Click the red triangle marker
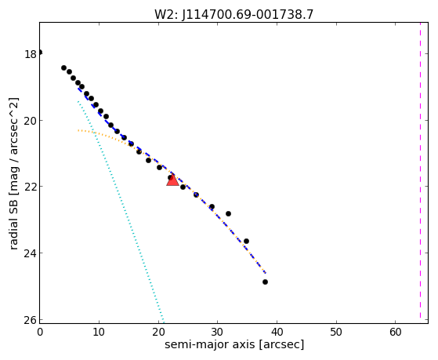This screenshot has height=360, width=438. [x=172, y=180]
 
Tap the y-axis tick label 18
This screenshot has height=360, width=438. [x=31, y=55]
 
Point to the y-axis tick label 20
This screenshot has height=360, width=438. [x=31, y=121]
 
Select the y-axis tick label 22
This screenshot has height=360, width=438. [x=31, y=187]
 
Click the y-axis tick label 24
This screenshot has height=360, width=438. [x=31, y=253]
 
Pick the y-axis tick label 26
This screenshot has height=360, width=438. [x=31, y=320]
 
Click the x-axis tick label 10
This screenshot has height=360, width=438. [x=99, y=332]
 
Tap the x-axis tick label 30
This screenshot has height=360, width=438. [x=217, y=332]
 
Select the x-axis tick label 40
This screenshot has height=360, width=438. [x=277, y=332]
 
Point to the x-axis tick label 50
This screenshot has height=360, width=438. [x=336, y=332]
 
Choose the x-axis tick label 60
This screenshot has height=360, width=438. [x=396, y=332]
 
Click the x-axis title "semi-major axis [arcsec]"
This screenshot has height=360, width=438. [x=234, y=344]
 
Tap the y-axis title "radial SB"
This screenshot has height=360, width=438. [x=13, y=224]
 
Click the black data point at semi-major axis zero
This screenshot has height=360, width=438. [x=40, y=53]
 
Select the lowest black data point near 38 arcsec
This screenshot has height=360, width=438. [x=265, y=282]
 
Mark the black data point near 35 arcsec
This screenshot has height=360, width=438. [x=246, y=241]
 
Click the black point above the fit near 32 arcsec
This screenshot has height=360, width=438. [x=228, y=213]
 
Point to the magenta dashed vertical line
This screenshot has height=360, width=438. [x=420, y=170]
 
